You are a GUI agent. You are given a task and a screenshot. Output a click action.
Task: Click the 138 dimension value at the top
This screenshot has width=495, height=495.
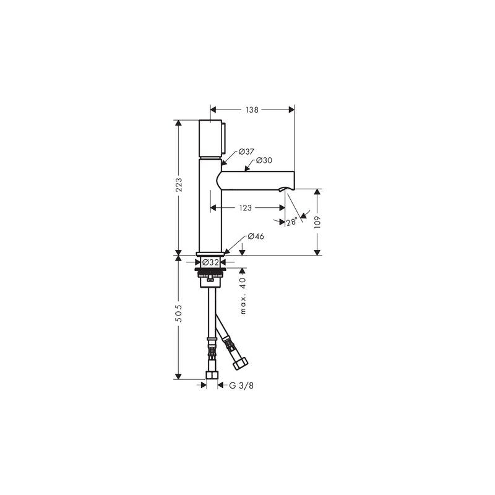tap(252, 110)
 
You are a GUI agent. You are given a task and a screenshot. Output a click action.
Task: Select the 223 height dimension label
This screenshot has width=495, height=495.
tap(179, 185)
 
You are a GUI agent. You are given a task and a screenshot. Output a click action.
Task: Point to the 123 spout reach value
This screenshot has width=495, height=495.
tap(245, 209)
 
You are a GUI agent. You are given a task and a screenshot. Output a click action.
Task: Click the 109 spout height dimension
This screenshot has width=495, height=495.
tap(317, 222)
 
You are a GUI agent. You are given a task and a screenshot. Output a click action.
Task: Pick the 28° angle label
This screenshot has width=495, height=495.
tap(291, 222)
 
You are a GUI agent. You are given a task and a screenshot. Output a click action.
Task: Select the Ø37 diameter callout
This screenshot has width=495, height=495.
tap(246, 152)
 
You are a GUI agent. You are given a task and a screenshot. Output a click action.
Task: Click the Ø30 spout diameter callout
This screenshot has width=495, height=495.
tap(265, 160)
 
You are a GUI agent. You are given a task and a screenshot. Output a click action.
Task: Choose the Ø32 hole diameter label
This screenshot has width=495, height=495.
tap(212, 262)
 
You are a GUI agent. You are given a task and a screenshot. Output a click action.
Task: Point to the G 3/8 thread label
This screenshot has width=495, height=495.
tap(240, 385)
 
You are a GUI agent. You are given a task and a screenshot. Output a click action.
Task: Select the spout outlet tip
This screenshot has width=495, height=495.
tap(288, 187)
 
